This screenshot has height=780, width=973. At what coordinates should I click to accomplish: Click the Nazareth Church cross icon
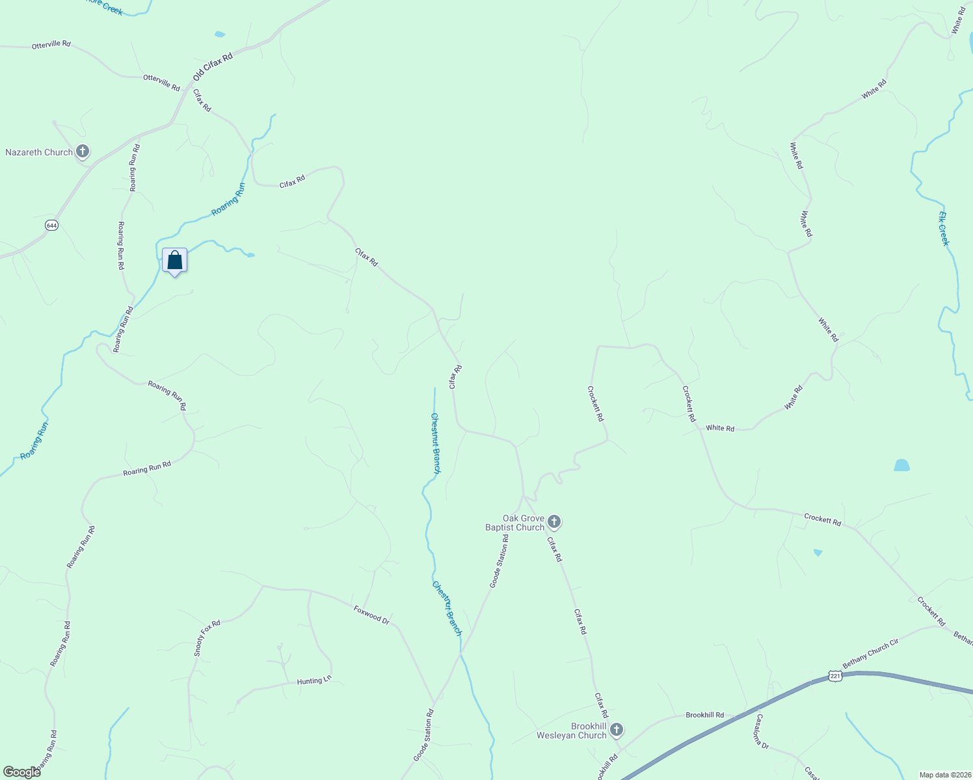click(82, 152)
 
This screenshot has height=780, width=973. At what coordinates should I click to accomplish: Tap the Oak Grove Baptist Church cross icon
click(553, 521)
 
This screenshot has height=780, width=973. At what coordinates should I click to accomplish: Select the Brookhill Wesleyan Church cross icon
click(616, 730)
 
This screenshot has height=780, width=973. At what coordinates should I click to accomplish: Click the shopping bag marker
click(174, 261)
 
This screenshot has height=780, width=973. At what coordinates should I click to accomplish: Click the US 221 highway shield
click(836, 677)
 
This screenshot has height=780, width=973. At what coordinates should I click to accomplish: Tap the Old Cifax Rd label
click(213, 68)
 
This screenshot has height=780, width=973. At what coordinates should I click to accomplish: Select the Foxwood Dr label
click(371, 615)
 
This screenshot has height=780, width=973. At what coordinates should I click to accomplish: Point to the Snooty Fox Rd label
click(207, 638)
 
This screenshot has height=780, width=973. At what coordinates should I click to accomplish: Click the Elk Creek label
click(944, 228)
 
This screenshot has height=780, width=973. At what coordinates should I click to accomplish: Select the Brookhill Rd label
click(704, 715)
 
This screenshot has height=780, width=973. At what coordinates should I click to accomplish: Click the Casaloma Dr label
click(761, 732)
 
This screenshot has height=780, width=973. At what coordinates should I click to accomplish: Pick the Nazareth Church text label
click(39, 152)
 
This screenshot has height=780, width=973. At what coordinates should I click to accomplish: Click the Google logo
click(21, 772)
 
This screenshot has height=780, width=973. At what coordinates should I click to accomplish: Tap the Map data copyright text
click(944, 775)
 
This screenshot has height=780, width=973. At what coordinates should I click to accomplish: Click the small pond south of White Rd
click(901, 465)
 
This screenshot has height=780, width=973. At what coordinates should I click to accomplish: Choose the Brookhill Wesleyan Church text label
click(571, 731)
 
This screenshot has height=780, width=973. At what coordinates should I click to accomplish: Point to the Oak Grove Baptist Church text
click(514, 523)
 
